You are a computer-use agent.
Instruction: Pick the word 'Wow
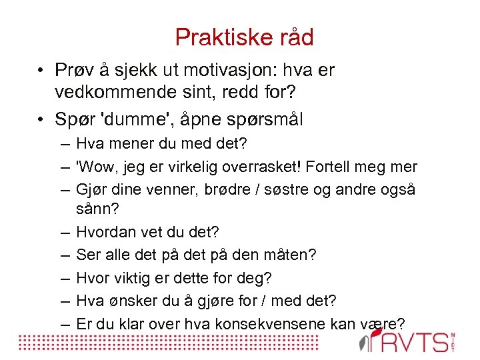pos(94,167)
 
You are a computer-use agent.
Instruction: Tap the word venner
pos(161,189)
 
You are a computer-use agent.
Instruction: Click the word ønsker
pos(125,300)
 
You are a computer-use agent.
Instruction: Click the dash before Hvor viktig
pos(65,277)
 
